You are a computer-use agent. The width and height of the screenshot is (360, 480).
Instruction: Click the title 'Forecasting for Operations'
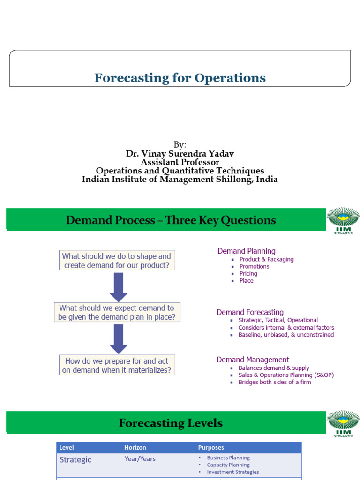coord(180,78)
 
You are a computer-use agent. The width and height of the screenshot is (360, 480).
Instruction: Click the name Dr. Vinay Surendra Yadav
coord(180,154)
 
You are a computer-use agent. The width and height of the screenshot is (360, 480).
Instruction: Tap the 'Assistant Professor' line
coord(180,162)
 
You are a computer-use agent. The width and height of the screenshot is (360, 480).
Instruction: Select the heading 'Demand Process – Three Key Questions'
coord(171,220)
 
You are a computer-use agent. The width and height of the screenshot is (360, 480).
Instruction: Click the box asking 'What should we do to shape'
coord(117,261)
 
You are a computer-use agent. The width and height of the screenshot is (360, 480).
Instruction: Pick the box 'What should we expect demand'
coord(117,313)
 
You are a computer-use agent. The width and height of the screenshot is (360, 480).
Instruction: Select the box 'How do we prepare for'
coord(117,365)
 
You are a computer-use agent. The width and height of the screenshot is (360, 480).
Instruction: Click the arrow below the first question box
coord(119,287)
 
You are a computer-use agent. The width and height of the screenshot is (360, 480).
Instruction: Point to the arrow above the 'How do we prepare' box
coord(119,339)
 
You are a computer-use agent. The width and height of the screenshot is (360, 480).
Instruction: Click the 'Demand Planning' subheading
coord(247,251)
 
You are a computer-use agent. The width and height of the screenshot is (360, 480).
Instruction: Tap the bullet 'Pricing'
coord(248,273)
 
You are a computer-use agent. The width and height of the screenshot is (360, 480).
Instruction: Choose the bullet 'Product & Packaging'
coord(266,259)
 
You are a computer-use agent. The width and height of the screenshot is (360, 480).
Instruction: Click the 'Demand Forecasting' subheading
coord(250,312)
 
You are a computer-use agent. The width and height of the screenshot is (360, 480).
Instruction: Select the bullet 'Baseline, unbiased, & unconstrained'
coord(286,335)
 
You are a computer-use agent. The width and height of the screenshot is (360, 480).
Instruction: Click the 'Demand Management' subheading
coord(253,360)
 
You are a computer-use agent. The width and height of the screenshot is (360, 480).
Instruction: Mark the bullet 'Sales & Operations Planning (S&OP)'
coord(286,375)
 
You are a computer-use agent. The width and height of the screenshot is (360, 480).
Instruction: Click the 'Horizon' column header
coord(135,448)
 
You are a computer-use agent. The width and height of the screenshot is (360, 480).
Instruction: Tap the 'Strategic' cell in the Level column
coord(75,460)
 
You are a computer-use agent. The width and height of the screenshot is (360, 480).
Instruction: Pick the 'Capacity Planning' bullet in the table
coord(228,465)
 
